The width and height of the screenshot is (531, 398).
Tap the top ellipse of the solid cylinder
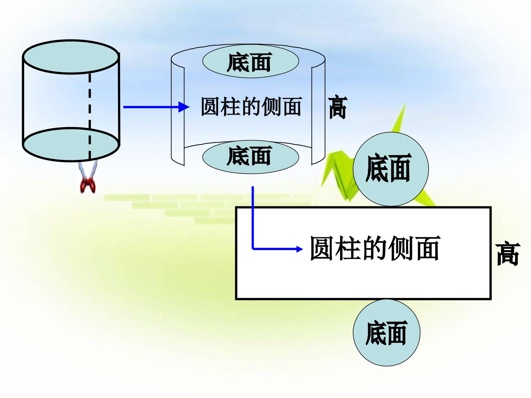click(x=71, y=57)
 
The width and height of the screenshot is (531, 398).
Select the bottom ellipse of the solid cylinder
click(x=71, y=144)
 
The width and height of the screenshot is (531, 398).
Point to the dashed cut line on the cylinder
click(x=90, y=116)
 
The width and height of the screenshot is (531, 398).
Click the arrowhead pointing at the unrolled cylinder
click(x=184, y=107)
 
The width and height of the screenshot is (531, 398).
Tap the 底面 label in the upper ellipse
click(x=249, y=62)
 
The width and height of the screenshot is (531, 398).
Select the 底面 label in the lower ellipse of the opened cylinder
click(x=249, y=156)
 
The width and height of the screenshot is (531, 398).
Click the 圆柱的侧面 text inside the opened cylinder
click(x=251, y=107)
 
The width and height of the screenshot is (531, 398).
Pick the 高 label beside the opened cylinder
click(x=338, y=108)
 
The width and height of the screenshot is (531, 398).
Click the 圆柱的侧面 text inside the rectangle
click(x=375, y=248)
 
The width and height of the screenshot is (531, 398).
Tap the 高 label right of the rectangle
click(x=507, y=254)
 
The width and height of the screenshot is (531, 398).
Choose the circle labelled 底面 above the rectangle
click(x=391, y=169)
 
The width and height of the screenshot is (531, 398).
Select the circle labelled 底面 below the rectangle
click(x=386, y=333)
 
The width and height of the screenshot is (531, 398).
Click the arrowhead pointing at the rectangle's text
click(x=300, y=249)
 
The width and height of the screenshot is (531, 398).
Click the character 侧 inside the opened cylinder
click(x=271, y=107)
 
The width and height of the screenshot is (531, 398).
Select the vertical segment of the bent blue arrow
click(x=253, y=217)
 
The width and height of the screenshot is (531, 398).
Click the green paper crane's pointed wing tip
click(x=405, y=105)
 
